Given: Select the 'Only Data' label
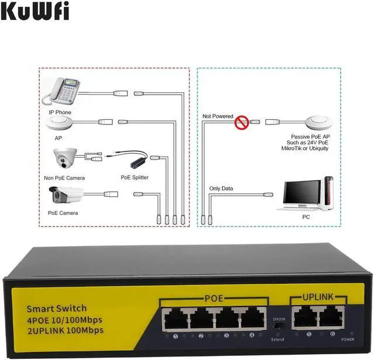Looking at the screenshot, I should click(x=220, y=188).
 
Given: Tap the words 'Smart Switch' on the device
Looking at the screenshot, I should click(x=57, y=309).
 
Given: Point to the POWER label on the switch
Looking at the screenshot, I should click(x=348, y=339).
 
